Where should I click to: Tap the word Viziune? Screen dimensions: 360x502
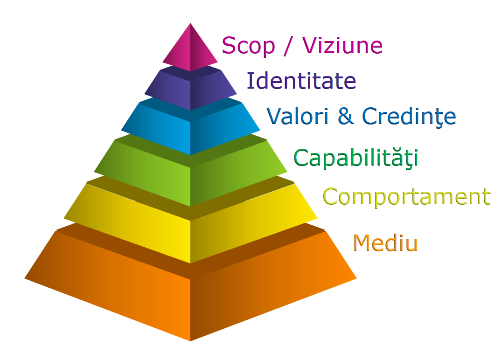(x=342, y=45)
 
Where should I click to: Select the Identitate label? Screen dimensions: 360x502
(x=301, y=81)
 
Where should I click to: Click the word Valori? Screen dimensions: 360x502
(x=297, y=116)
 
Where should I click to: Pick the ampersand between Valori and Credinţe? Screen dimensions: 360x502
(x=346, y=116)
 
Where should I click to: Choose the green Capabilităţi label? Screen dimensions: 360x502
(x=356, y=158)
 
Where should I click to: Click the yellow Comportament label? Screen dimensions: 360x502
(x=406, y=196)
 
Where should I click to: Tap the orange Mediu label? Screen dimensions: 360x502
(x=385, y=243)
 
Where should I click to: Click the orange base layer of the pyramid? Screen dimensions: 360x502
(x=190, y=303)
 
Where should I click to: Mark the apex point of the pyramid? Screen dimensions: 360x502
(x=190, y=23)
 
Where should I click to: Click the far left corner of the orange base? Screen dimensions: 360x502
(x=25, y=278)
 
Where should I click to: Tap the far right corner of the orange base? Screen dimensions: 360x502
(x=356, y=278)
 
